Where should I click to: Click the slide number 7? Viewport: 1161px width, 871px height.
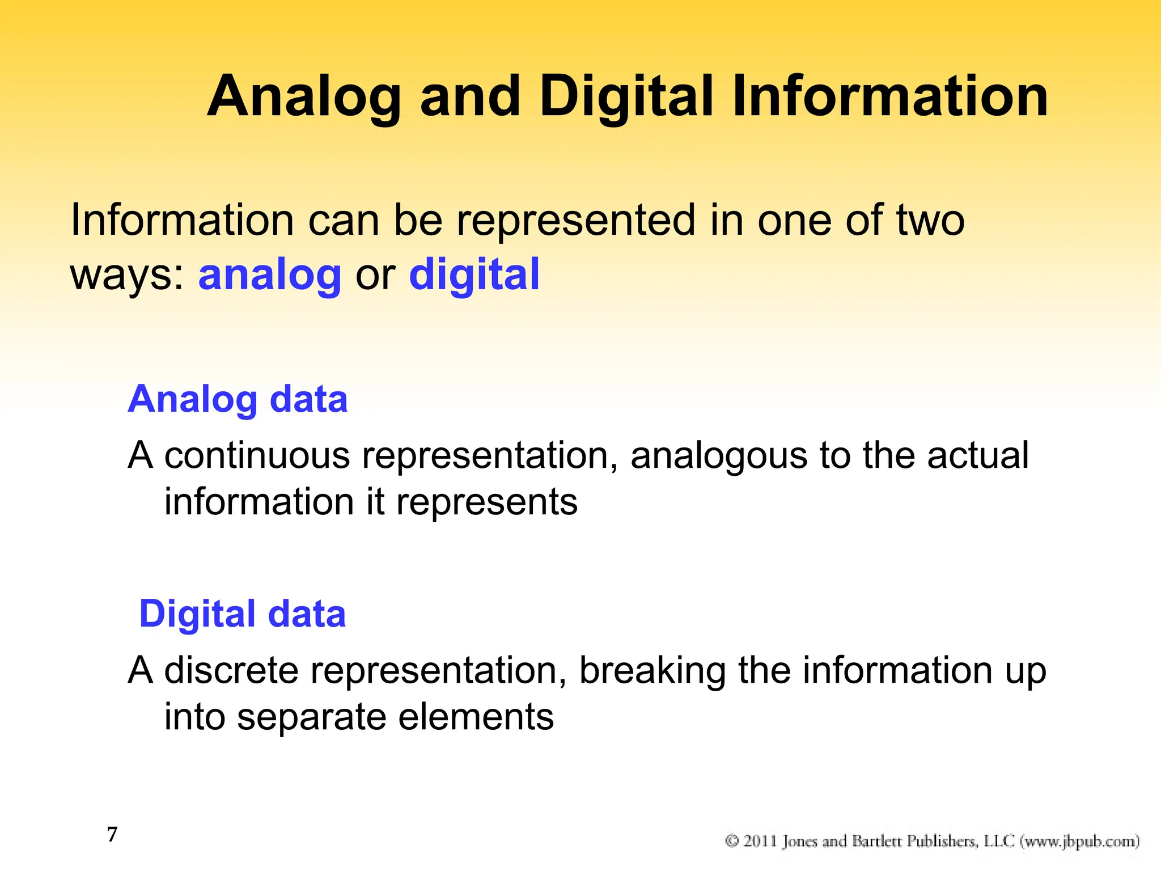[x=112, y=835]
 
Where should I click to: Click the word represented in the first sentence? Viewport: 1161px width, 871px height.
[x=575, y=221]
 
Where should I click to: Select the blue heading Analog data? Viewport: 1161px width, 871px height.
[x=238, y=399]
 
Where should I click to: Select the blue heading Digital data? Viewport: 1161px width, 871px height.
[x=242, y=614]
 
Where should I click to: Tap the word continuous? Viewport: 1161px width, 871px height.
[x=257, y=455]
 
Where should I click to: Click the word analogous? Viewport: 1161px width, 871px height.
[x=718, y=456]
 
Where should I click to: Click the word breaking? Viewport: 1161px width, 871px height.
[x=652, y=671]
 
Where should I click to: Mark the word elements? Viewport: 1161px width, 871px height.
[x=476, y=717]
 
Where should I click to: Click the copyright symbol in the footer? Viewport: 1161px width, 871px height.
[x=732, y=840]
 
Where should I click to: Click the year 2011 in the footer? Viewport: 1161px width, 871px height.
[x=760, y=840]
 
